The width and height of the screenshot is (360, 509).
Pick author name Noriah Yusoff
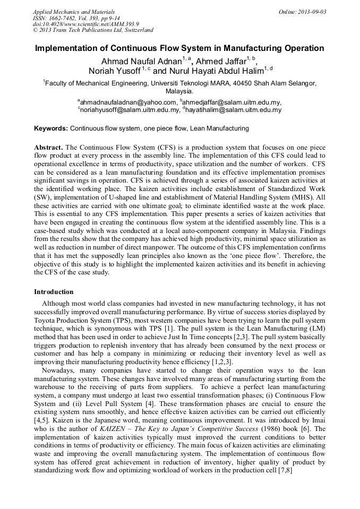click(x=115, y=71)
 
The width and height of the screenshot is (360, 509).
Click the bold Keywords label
click(x=51, y=128)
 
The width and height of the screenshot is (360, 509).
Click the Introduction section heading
click(x=54, y=292)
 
